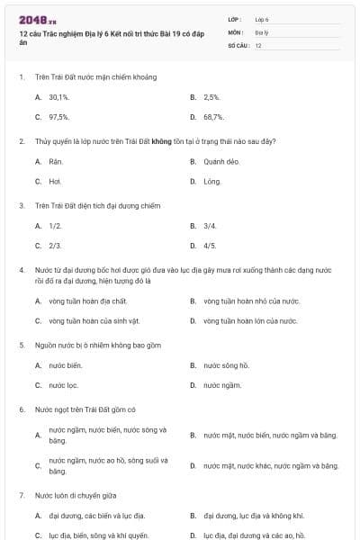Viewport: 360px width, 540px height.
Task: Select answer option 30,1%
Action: (x=59, y=96)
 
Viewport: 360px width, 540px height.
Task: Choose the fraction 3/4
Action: (x=210, y=226)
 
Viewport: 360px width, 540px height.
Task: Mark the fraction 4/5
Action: (x=210, y=246)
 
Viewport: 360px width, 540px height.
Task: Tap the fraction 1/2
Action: (x=55, y=226)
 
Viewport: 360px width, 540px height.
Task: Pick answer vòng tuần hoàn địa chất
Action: (x=88, y=301)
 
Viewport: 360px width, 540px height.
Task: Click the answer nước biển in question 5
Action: (x=66, y=365)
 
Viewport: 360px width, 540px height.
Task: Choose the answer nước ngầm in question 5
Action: (x=222, y=385)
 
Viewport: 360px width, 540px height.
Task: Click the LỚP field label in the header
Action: (x=235, y=19)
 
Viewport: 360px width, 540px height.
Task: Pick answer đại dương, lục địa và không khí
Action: (x=254, y=516)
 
